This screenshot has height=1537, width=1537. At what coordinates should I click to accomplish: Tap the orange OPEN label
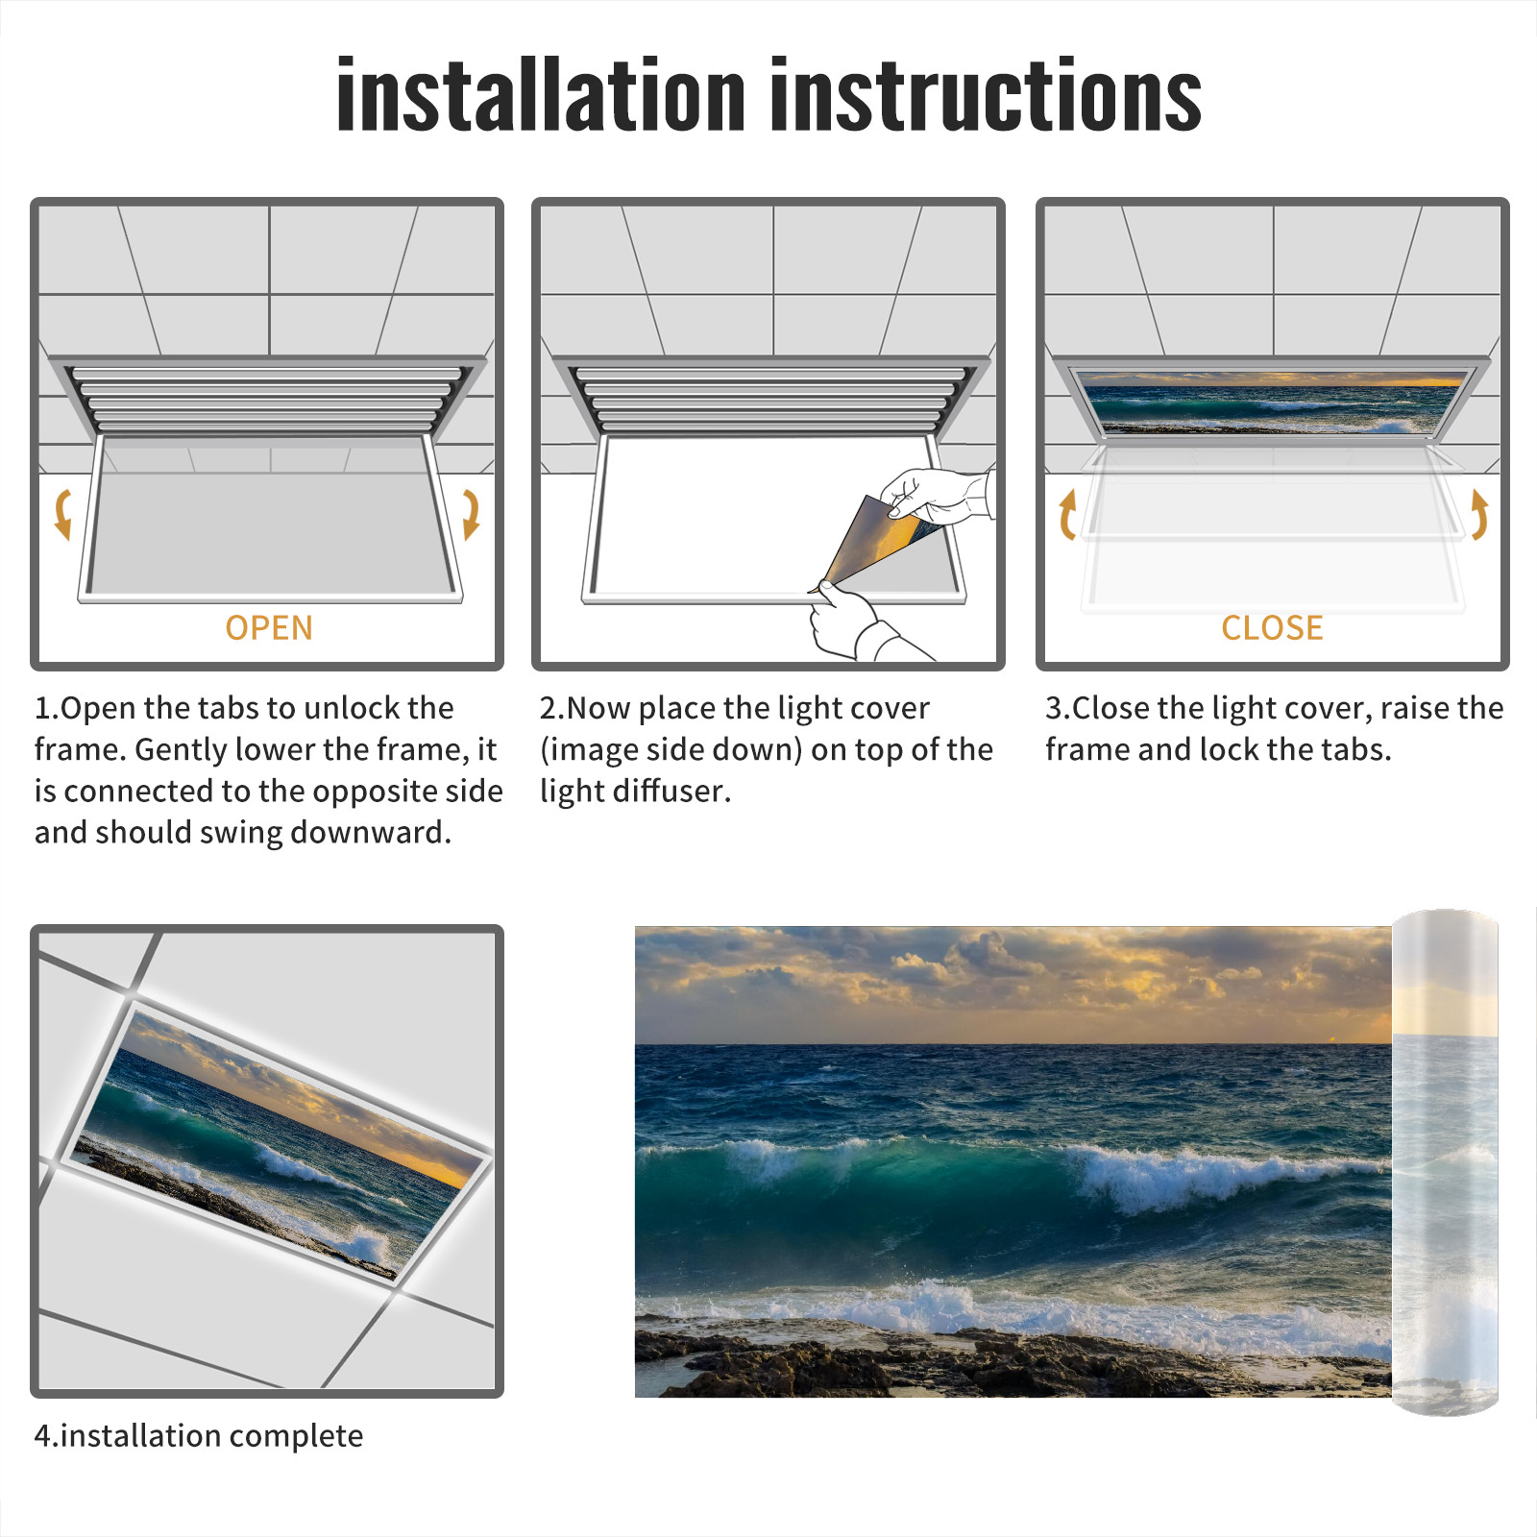269,627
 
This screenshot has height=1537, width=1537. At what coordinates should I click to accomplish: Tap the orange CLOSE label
1272,627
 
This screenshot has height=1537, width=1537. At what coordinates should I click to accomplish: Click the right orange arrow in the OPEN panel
472,514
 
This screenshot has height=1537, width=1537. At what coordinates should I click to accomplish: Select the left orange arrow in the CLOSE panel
1066,514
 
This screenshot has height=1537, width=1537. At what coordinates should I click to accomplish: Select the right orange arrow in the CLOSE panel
1480,514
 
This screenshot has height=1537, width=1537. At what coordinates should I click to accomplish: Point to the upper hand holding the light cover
937,495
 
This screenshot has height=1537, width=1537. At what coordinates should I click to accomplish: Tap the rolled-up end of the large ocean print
1445,1162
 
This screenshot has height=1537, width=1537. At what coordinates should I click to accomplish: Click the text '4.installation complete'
199,1436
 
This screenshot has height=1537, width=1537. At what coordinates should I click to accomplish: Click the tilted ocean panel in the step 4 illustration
278,1141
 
